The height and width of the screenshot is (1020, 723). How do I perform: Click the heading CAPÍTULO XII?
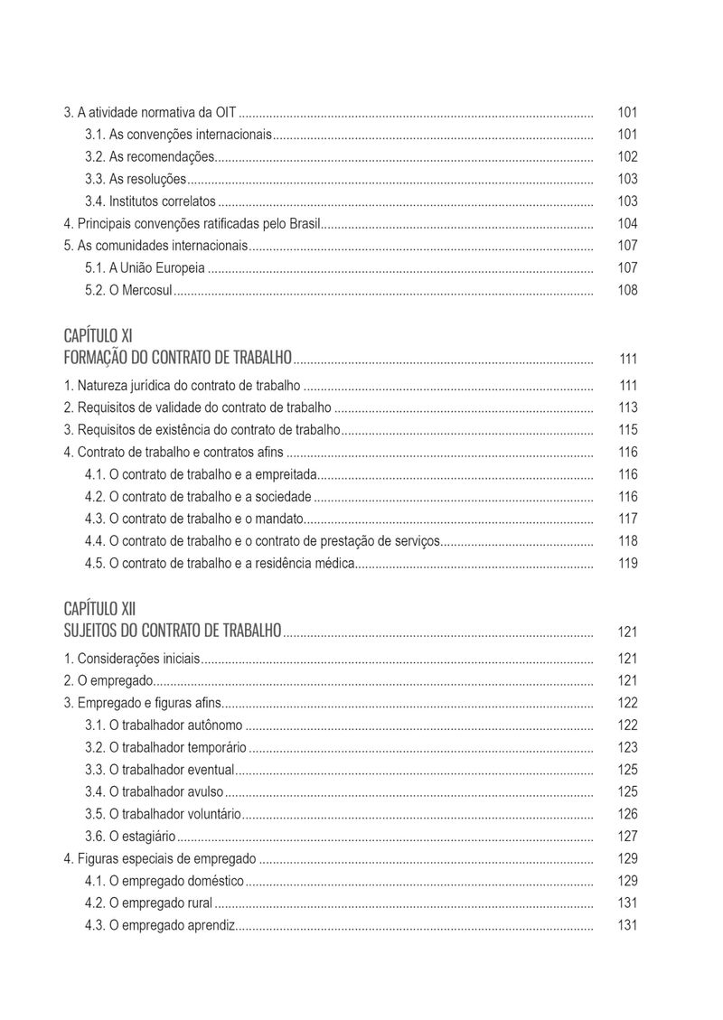click(x=100, y=609)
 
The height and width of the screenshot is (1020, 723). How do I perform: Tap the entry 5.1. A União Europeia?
click(x=145, y=268)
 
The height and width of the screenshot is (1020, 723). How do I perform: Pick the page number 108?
click(x=627, y=290)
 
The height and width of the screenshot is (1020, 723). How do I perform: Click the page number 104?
click(x=627, y=224)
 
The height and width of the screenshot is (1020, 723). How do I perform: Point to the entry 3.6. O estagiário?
click(x=130, y=837)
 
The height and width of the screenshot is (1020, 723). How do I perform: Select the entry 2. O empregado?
click(x=108, y=680)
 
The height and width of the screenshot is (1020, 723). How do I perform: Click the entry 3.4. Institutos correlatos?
click(x=150, y=201)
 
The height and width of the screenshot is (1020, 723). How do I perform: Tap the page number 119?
click(x=627, y=564)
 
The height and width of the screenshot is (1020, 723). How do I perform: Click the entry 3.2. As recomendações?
click(x=149, y=157)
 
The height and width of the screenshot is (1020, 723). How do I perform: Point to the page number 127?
click(x=627, y=837)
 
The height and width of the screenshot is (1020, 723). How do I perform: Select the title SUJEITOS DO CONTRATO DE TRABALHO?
click(x=173, y=630)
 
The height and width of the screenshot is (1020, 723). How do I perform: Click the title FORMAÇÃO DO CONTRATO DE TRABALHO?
click(x=177, y=358)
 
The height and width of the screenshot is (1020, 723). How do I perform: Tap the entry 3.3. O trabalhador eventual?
click(x=159, y=770)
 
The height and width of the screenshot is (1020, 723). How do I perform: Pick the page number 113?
click(x=627, y=407)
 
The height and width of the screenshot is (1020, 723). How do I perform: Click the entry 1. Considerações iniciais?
click(x=132, y=659)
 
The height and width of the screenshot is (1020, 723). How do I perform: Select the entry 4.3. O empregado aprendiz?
click(x=160, y=925)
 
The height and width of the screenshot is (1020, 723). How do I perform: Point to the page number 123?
click(x=627, y=747)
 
